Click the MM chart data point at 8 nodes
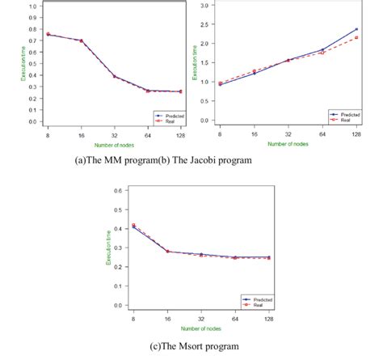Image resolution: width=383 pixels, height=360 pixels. (x=48, y=35)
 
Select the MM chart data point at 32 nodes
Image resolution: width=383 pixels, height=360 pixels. (x=114, y=77)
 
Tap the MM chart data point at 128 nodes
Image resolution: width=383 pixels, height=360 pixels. (x=180, y=91)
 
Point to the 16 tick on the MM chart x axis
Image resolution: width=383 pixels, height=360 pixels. (x=81, y=129)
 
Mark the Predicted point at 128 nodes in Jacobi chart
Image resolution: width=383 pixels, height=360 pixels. (x=356, y=30)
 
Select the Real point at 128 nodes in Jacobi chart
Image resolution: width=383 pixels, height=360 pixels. (x=356, y=37)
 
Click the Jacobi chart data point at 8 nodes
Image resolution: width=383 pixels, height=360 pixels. (x=221, y=83)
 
